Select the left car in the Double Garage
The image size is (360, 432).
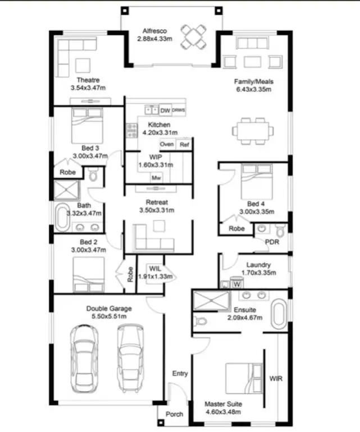85,360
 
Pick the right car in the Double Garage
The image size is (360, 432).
131,360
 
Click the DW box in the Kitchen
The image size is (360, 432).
165,111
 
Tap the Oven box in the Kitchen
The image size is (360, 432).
166,144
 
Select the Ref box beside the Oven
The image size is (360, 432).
184,144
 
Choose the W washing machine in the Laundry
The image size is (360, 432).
236,284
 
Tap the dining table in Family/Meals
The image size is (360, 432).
253,130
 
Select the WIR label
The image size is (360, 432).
276,379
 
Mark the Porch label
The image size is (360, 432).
174,415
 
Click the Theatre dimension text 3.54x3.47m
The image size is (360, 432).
88,88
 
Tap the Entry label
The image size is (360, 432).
180,374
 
